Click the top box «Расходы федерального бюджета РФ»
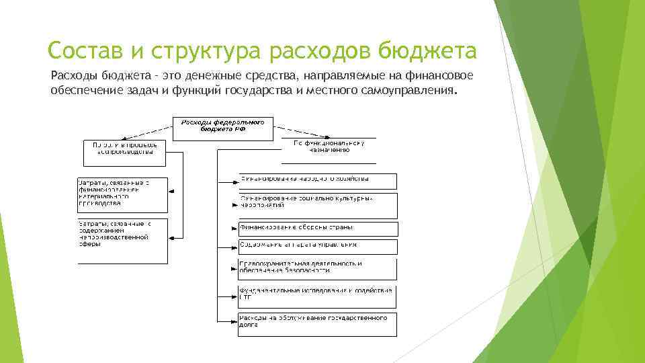tap(223, 128)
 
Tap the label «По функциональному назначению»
tap(329, 148)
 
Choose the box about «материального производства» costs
tap(122, 194)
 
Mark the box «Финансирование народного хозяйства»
tap(318, 181)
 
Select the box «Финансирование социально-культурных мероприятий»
tap(318, 205)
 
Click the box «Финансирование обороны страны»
tap(318, 229)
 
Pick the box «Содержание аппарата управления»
tap(318, 247)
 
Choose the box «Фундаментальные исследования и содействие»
tap(318, 296)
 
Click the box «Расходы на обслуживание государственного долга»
tap(318, 324)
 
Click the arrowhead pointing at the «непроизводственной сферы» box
tap(171, 236)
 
